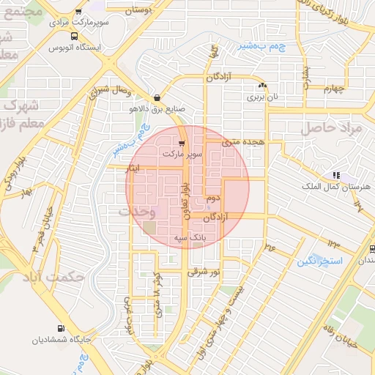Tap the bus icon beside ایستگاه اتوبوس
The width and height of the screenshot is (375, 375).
click(74, 36)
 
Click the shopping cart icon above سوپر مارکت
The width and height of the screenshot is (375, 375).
click(182, 143)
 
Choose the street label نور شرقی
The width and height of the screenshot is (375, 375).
click(204, 272)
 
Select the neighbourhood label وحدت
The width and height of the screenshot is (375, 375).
click(137, 211)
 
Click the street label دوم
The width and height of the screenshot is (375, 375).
click(213, 198)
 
